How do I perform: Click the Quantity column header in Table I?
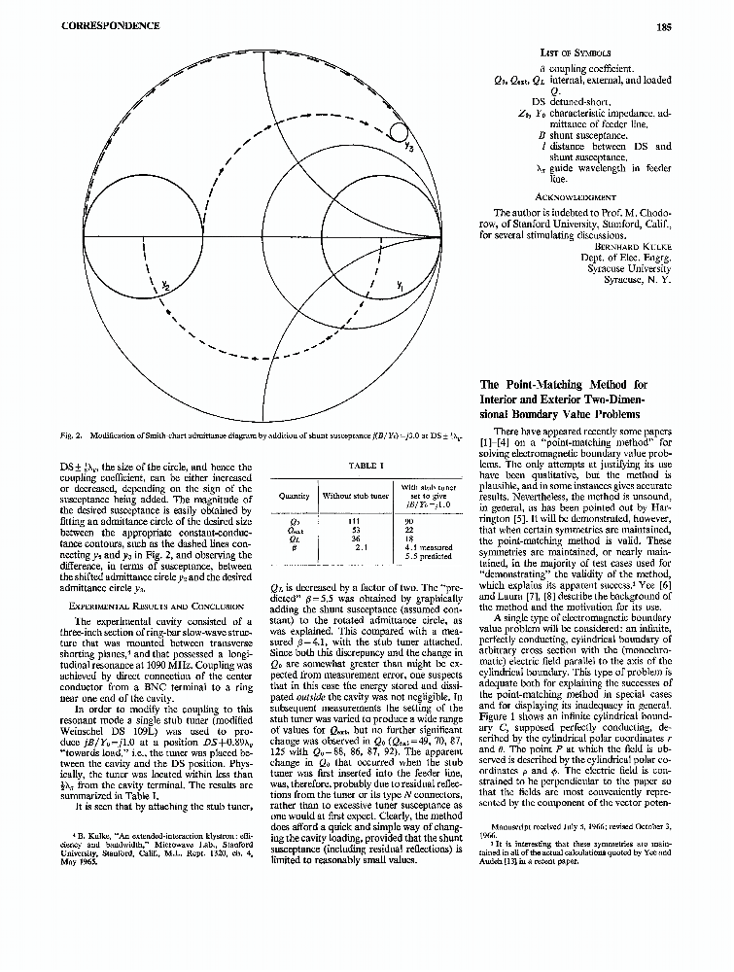pos(294,496)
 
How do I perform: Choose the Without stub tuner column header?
pos(356,496)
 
